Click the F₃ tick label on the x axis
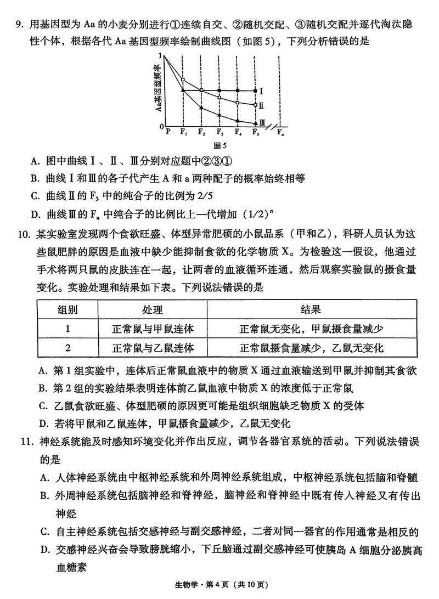click(219, 132)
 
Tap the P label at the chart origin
click(167, 132)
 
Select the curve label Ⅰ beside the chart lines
click(262, 91)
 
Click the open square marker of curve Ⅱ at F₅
click(256, 105)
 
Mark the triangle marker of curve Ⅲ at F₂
click(201, 108)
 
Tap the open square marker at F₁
click(183, 80)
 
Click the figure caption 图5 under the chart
click(219, 145)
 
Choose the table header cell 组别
click(67, 310)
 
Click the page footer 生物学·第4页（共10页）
click(220, 585)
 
